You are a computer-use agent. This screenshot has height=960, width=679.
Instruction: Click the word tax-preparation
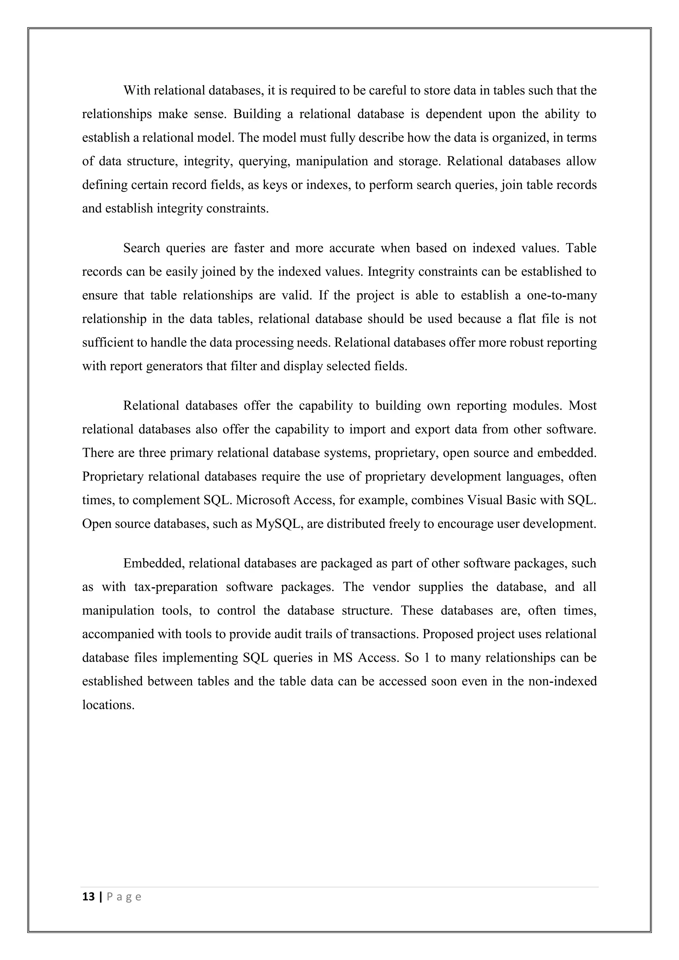tap(176, 587)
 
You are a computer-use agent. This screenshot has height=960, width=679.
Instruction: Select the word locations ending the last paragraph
tap(108, 705)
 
